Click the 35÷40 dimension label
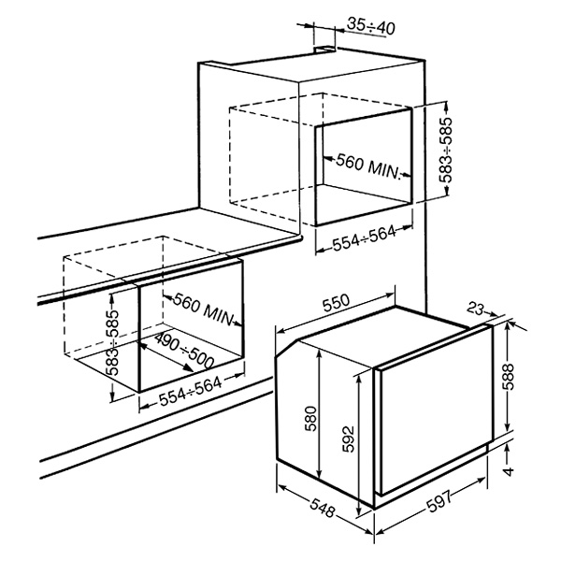click(371, 26)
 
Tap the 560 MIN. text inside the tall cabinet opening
click(367, 166)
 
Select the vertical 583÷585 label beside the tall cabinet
click(446, 150)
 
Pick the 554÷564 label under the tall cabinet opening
click(365, 238)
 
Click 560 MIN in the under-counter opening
click(203, 309)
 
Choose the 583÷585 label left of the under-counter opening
click(114, 342)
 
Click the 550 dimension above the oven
click(336, 302)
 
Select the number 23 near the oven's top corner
click(476, 309)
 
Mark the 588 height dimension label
click(509, 377)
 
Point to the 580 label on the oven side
click(311, 419)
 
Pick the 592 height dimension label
click(348, 439)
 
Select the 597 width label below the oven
click(439, 501)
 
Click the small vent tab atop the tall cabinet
click(324, 50)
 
